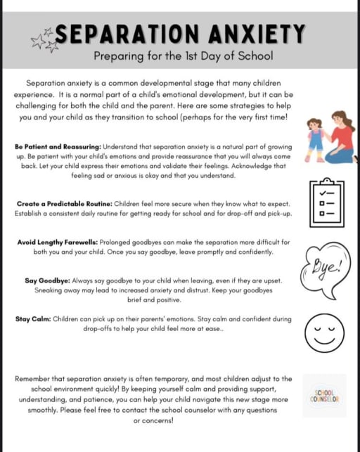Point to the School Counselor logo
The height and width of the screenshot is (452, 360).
click(325, 395)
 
